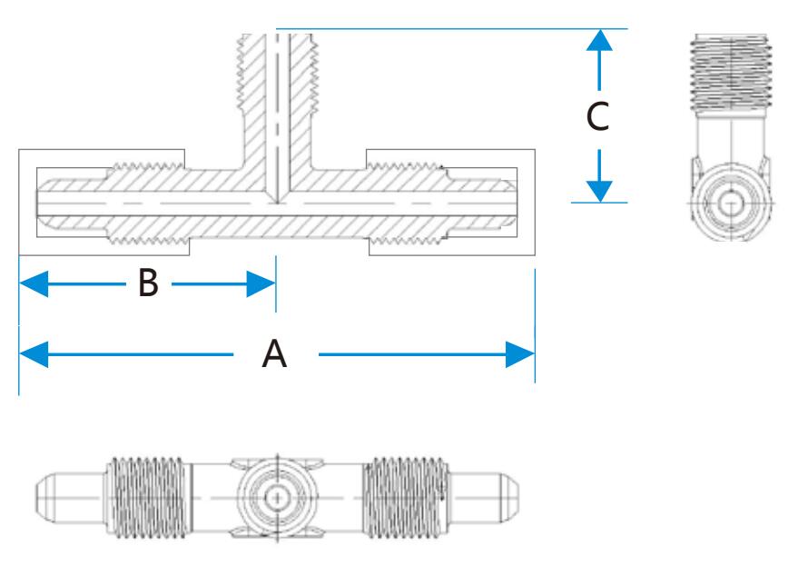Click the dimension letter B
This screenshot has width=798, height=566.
[x=148, y=284]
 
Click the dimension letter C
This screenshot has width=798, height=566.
[x=596, y=115]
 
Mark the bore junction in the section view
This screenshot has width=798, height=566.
[x=275, y=202]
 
